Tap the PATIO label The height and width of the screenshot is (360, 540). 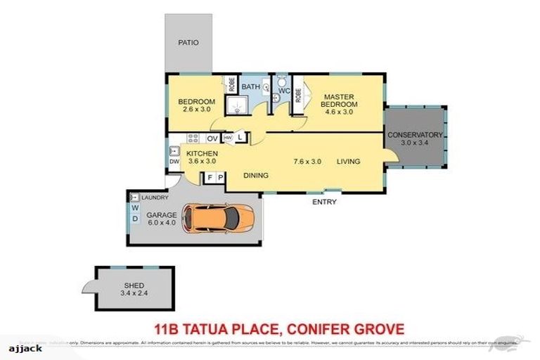click(188, 43)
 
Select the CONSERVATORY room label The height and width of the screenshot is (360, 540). click(415, 135)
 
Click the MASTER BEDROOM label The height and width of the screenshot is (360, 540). click(339, 101)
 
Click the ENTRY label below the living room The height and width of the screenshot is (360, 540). click(325, 202)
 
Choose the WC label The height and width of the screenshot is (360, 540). click(284, 91)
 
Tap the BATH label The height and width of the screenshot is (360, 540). click(251, 87)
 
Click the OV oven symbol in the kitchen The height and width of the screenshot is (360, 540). click(212, 139)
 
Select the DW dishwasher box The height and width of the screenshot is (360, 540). click(174, 162)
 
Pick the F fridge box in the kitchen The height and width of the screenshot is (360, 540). click(209, 178)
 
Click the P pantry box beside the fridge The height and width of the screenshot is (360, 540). click(220, 178)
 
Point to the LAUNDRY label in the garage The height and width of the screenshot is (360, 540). click(155, 198)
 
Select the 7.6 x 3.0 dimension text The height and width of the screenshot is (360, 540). click(307, 162)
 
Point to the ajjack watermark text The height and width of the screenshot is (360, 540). click(25, 348)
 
